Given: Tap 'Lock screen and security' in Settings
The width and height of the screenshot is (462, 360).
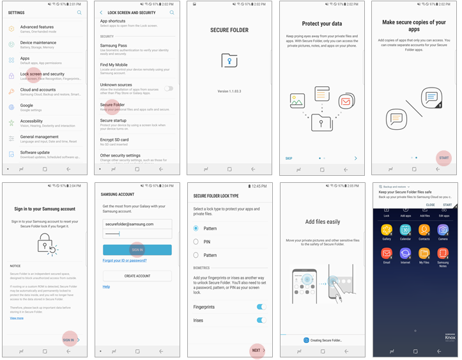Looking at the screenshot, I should point(42,74).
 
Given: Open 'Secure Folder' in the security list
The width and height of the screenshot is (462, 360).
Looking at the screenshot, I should point(112,105).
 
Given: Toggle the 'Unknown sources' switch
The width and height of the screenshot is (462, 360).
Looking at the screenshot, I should point(169,88).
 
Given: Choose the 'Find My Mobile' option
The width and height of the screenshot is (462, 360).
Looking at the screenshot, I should point(114,65).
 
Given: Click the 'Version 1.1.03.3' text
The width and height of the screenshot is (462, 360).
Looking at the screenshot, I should point(229,91).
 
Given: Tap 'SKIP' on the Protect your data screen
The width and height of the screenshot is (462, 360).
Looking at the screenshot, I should point(289,158).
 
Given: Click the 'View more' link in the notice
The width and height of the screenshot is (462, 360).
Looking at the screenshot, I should point(17,318).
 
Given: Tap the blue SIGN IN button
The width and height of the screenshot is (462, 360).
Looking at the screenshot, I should point(137,250).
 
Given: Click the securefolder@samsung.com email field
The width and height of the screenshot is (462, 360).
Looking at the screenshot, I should point(137,224).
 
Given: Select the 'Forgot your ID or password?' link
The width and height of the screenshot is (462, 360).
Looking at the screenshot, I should point(125,261).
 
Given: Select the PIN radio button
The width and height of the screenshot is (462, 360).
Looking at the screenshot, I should point(196,242).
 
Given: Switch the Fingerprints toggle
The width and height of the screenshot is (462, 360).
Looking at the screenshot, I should point(261,307).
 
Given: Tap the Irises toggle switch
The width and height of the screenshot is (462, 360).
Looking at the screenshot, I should point(261,320).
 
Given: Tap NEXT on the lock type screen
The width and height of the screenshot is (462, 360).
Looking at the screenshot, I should point(256,350).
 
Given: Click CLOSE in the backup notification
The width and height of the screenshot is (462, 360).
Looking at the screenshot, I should point(430,205).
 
